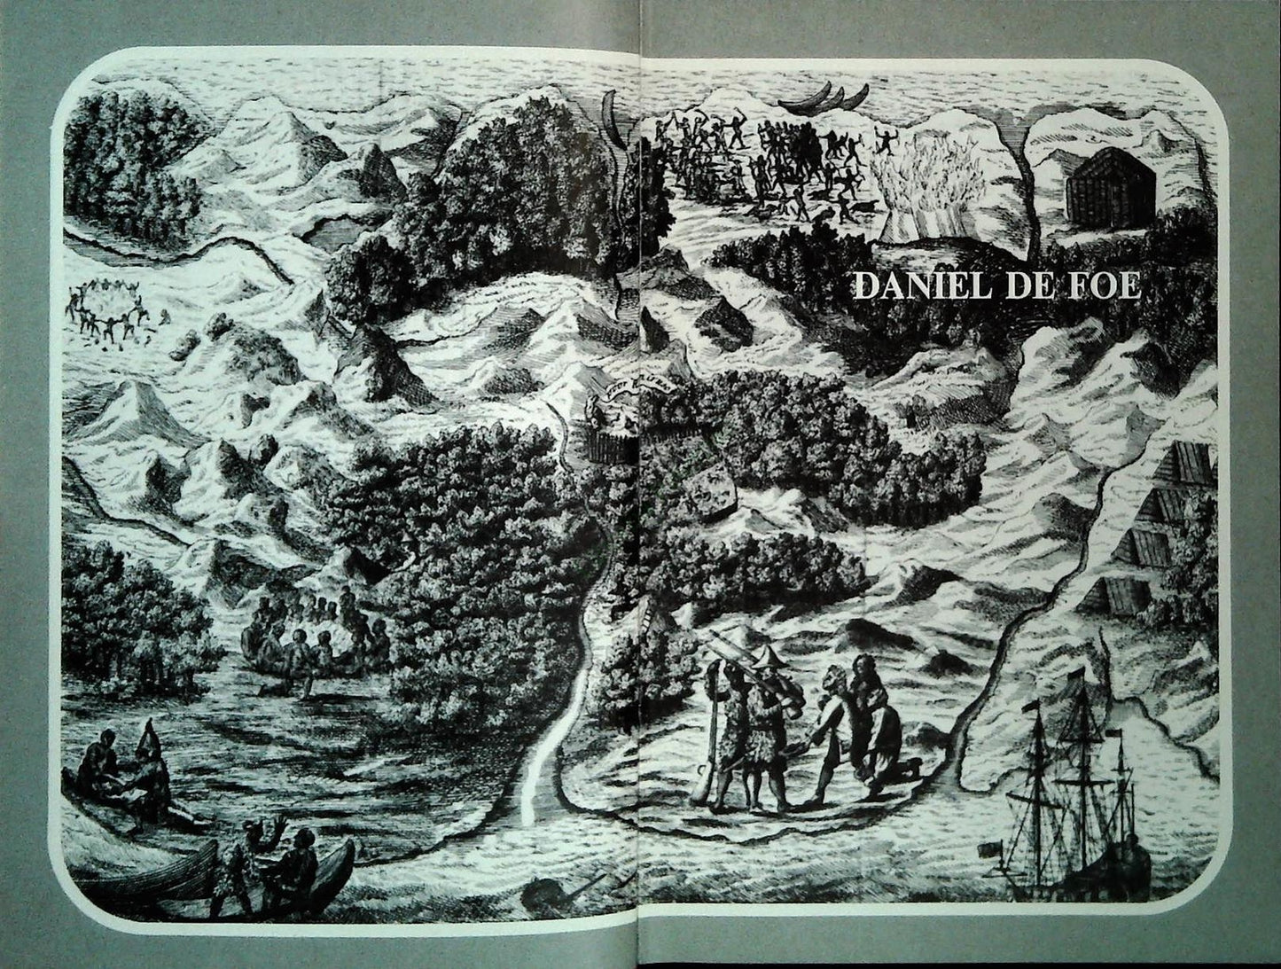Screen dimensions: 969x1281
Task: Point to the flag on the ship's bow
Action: pos(983,850)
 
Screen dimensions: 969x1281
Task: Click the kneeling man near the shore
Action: pos(872,718)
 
